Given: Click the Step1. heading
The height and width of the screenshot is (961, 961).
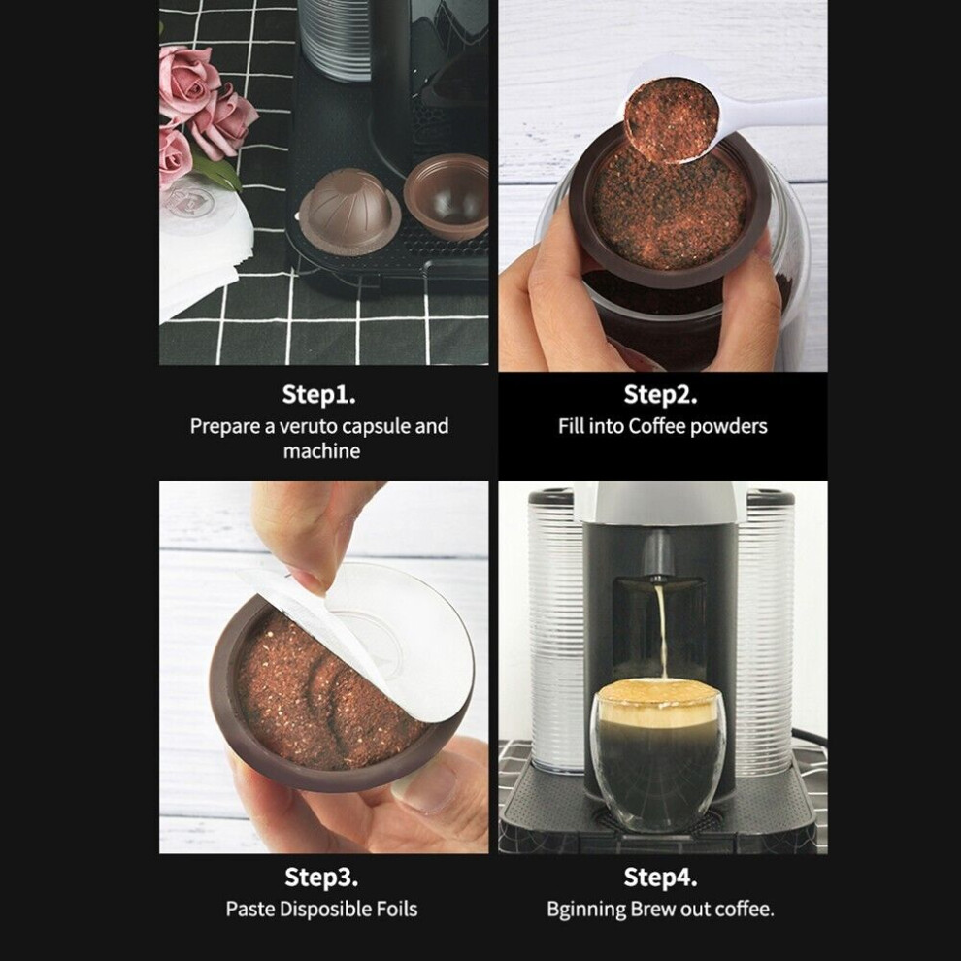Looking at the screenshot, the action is click(318, 395).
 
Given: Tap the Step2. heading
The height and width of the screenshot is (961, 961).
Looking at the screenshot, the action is click(660, 395).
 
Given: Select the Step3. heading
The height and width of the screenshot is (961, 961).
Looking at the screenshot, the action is click(321, 878).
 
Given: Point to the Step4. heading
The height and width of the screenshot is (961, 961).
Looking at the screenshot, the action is click(660, 878).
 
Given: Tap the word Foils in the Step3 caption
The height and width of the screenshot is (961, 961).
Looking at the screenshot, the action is click(397, 909).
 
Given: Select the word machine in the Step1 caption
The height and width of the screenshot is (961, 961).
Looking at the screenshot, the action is click(321, 451).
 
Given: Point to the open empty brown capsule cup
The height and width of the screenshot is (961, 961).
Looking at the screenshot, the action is click(447, 196).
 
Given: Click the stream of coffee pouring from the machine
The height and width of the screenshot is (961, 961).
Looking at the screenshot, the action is click(660, 631).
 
